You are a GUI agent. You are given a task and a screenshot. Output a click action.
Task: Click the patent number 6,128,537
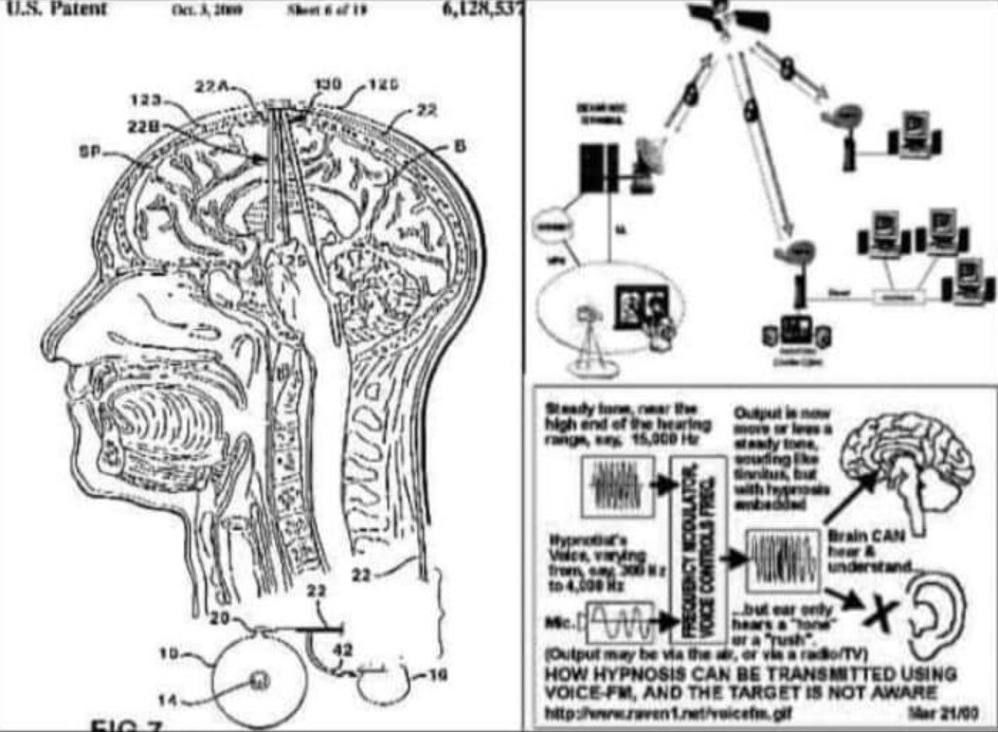pyautogui.click(x=481, y=10)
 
